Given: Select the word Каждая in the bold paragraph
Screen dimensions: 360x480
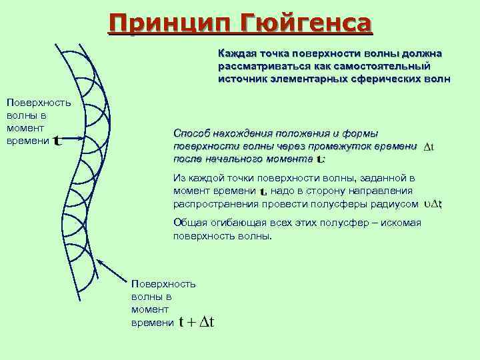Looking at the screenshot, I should pyautogui.click(x=234, y=53).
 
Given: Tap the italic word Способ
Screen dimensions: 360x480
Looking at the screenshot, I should pyautogui.click(x=191, y=133).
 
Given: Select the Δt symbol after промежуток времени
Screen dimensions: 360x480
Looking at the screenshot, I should pyautogui.click(x=428, y=147).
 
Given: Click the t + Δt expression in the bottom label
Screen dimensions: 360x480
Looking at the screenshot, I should pyautogui.click(x=197, y=323).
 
